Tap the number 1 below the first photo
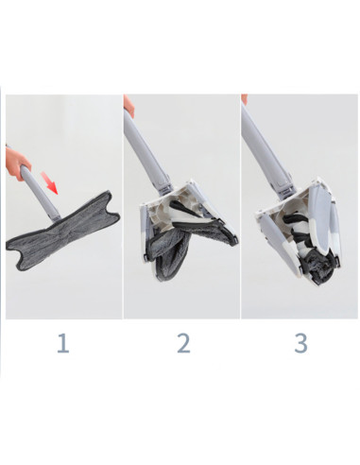[62, 342]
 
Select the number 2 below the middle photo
[182, 342]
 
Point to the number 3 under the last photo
[300, 342]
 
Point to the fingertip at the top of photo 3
[245, 99]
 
